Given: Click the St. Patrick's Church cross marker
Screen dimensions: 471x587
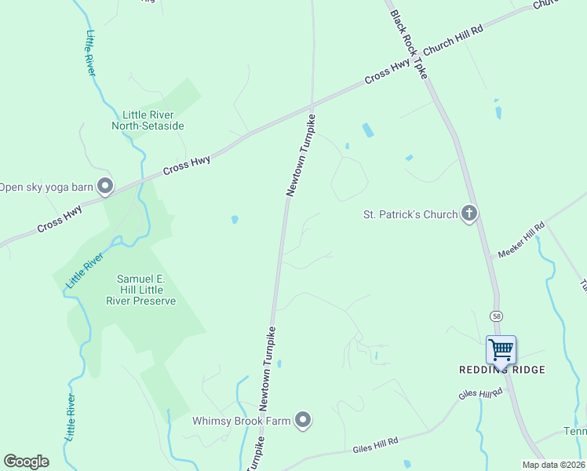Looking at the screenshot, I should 469,214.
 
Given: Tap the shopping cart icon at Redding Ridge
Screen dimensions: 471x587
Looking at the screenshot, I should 501,349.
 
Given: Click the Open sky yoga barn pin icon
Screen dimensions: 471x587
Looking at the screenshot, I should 104,187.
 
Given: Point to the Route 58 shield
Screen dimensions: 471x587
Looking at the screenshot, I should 497,316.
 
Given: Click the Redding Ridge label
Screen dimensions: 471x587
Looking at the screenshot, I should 501,370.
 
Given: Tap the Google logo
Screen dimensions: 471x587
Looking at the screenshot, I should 26,462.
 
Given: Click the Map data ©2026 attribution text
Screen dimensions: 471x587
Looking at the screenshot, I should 553,465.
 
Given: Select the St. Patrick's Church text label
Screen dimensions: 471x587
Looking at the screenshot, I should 410,214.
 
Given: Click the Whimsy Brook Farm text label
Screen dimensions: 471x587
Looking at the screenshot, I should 242,421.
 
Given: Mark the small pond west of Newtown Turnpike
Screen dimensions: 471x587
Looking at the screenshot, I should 235,220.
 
